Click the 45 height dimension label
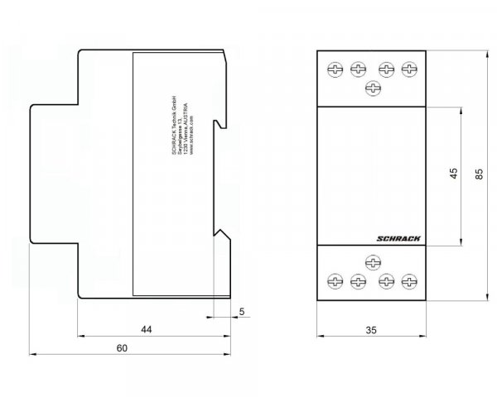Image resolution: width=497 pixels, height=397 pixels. click(x=452, y=175)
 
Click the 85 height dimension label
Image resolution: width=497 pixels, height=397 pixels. click(x=480, y=175)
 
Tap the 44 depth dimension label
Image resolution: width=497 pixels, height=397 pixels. click(x=146, y=329)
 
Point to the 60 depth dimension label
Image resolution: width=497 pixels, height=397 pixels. click(x=121, y=349)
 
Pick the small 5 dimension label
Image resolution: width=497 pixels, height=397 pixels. click(x=241, y=311)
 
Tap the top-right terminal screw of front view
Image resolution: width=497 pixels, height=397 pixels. click(x=408, y=70)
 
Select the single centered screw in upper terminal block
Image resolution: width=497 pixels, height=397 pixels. click(x=373, y=88)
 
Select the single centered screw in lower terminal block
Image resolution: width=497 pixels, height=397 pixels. click(x=373, y=263)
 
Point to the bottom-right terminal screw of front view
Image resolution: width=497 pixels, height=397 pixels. click(x=408, y=280)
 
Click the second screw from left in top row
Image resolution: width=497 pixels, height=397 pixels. click(x=359, y=70)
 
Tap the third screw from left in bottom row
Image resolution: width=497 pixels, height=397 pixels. click(x=386, y=280)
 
